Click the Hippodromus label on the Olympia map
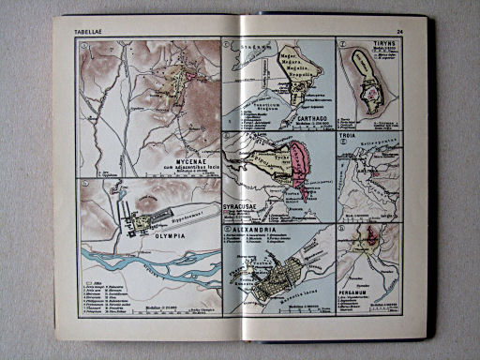coord(187,214)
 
